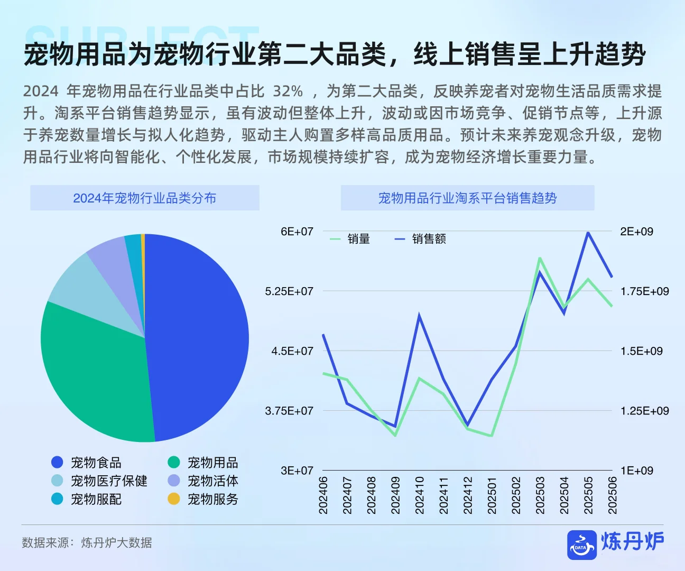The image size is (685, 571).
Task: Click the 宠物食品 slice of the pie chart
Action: pyautogui.click(x=201, y=338)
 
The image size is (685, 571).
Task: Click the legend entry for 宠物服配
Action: pyautogui.click(x=87, y=499)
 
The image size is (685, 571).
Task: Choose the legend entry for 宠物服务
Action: pyautogui.click(x=203, y=499)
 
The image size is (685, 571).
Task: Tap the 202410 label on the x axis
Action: pyautogui.click(x=420, y=495)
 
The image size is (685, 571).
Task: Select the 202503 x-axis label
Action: pyautogui.click(x=540, y=495)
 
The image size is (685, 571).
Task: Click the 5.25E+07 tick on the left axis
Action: pyautogui.click(x=289, y=291)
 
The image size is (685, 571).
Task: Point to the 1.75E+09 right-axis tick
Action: pyautogui.click(x=644, y=291)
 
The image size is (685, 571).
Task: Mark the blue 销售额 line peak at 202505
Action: pyautogui.click(x=588, y=232)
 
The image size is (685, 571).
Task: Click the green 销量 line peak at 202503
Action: pyautogui.click(x=540, y=258)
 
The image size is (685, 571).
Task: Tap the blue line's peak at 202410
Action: pyautogui.click(x=419, y=316)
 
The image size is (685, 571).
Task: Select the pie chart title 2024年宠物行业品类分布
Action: pyautogui.click(x=145, y=198)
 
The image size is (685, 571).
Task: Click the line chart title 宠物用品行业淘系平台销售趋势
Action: pyautogui.click(x=467, y=198)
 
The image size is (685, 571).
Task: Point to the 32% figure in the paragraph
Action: pyautogui.click(x=288, y=91)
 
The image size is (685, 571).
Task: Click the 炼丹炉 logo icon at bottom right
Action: pyautogui.click(x=581, y=545)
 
